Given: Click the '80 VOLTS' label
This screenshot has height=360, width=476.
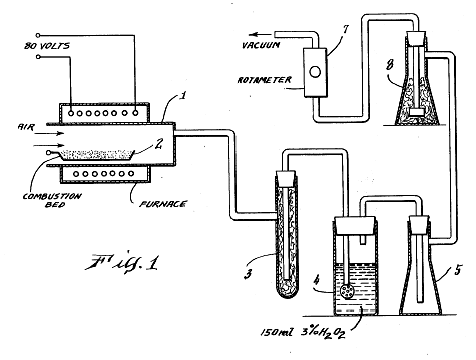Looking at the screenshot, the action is pyautogui.click(x=47, y=45).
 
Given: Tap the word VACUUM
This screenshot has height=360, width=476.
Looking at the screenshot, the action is pyautogui.click(x=261, y=45).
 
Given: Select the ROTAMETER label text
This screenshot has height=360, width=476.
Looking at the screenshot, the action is pyautogui.click(x=264, y=80).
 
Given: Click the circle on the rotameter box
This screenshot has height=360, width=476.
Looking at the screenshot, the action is pyautogui.click(x=315, y=71).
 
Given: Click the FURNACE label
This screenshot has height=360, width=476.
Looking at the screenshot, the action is pyautogui.click(x=163, y=204).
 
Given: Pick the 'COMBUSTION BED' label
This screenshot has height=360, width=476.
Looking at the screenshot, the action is pyautogui.click(x=52, y=200).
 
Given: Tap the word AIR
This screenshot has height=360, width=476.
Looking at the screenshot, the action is pyautogui.click(x=26, y=127).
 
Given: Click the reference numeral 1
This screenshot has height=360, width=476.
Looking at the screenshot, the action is pyautogui.click(x=182, y=96).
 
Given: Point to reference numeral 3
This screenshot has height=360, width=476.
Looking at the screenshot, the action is pyautogui.click(x=248, y=274).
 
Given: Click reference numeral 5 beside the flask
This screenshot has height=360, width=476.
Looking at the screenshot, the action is pyautogui.click(x=458, y=270).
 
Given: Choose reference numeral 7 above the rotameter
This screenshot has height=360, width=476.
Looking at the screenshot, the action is pyautogui.click(x=346, y=29).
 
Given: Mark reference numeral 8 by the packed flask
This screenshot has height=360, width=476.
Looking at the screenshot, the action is pyautogui.click(x=389, y=64).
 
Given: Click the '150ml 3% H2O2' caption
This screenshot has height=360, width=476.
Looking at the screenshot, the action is pyautogui.click(x=303, y=332).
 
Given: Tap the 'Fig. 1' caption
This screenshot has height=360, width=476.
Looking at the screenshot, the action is pyautogui.click(x=122, y=262).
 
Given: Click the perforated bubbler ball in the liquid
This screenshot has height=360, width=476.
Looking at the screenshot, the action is pyautogui.click(x=347, y=291).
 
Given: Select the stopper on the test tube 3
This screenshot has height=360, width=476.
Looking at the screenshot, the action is pyautogui.click(x=286, y=179).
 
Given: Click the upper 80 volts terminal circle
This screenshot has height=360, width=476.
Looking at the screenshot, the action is pyautogui.click(x=38, y=35).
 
